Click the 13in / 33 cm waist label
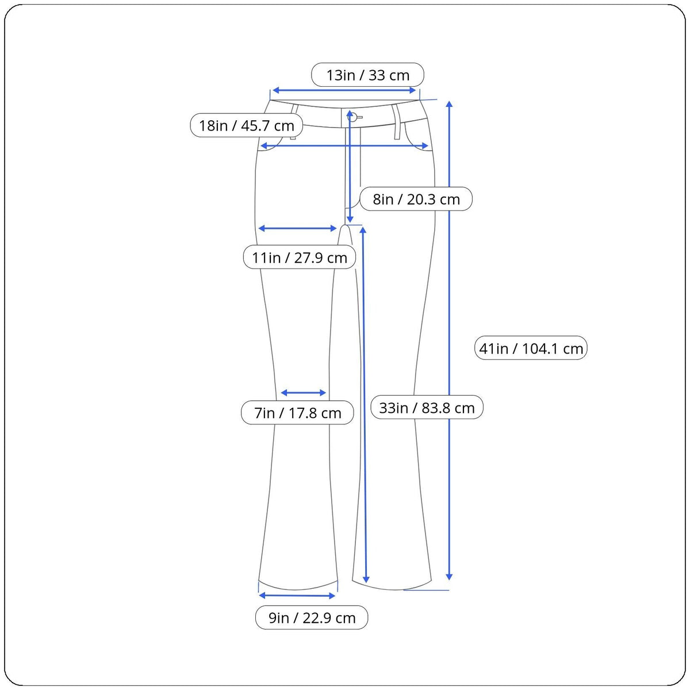tap(367, 75)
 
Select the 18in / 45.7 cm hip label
tap(247, 125)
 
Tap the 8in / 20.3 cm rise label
tap(416, 200)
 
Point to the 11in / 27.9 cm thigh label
tap(300, 258)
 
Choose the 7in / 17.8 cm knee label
tap(297, 413)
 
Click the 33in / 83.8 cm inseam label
tap(427, 408)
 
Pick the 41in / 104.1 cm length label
tap(531, 348)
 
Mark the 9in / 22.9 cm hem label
tap(312, 618)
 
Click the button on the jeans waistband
tap(352, 117)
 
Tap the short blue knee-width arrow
tap(304, 393)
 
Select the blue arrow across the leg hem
tap(297, 596)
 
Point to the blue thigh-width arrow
tap(297, 228)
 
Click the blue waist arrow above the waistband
tap(344, 90)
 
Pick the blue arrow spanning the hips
tap(345, 146)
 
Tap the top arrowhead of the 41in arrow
tap(449, 104)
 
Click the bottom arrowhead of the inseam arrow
tap(366, 579)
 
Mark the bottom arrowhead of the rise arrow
tap(350, 219)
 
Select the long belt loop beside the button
tap(396, 122)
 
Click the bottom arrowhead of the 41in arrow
tap(449, 576)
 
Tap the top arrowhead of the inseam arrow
tap(363, 231)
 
